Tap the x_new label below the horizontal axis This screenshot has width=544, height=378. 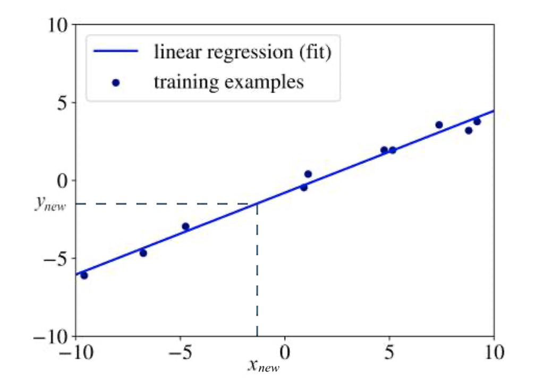click(262, 365)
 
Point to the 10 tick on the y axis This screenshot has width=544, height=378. click(61, 25)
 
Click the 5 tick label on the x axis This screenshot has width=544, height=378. click(389, 353)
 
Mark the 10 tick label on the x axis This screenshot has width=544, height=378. click(494, 353)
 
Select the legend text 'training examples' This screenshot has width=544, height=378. click(229, 82)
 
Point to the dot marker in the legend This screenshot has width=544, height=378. click(115, 83)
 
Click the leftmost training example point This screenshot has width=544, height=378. click(84, 275)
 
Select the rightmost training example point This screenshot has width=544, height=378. click(477, 121)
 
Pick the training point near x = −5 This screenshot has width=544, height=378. click(185, 226)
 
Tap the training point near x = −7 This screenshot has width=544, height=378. click(143, 253)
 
